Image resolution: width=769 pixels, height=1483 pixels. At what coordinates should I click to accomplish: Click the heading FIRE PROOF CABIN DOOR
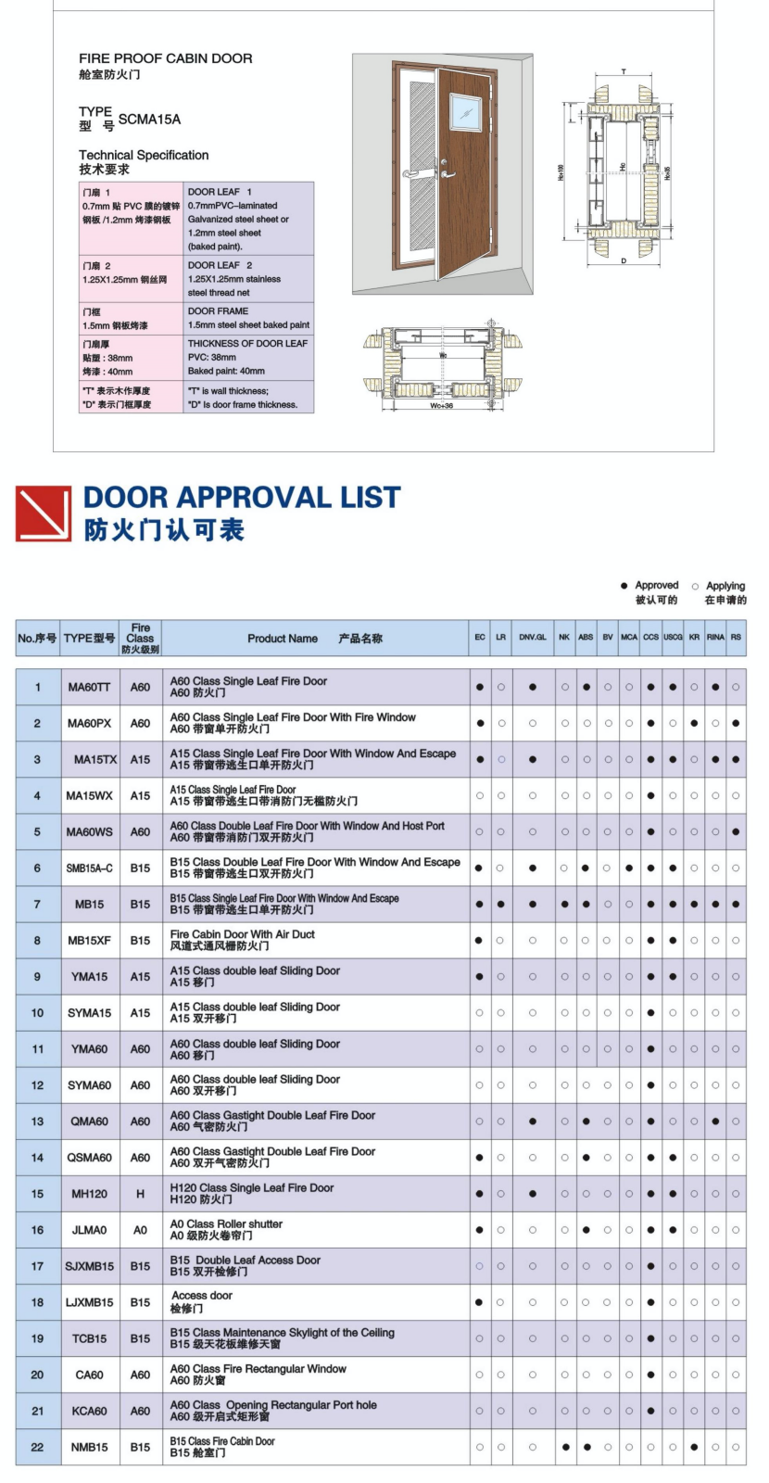pyautogui.click(x=165, y=58)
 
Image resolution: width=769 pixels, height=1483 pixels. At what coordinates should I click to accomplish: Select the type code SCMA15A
pyautogui.click(x=149, y=120)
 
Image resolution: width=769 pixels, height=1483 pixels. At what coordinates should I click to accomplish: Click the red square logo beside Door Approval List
pyautogui.click(x=44, y=513)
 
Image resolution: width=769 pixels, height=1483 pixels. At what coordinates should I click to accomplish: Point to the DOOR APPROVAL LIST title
pyautogui.click(x=242, y=498)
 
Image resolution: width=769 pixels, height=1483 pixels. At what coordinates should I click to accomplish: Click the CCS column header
pyautogui.click(x=650, y=638)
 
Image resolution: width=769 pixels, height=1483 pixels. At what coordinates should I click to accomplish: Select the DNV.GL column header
pyautogui.click(x=533, y=638)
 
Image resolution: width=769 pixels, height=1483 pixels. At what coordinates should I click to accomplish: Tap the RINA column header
pyautogui.click(x=715, y=638)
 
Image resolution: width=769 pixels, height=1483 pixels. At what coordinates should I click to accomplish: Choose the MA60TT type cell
pyautogui.click(x=89, y=688)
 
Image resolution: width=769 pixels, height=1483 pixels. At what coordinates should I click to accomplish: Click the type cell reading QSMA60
pyautogui.click(x=89, y=1158)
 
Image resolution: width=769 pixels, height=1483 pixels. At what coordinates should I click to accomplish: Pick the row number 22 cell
pyautogui.click(x=37, y=1447)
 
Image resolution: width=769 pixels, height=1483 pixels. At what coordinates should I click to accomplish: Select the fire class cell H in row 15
pyautogui.click(x=140, y=1194)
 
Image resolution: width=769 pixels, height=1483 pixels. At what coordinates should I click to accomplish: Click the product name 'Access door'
pyautogui.click(x=201, y=1296)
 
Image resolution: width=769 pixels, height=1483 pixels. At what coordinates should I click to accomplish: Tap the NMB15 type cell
pyautogui.click(x=89, y=1447)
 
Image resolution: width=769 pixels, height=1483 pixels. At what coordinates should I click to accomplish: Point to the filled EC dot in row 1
pyautogui.click(x=479, y=688)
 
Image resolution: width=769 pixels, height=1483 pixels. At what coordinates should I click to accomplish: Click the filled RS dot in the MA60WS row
pyautogui.click(x=736, y=832)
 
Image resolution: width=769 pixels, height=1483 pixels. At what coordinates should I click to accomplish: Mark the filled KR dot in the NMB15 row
pyautogui.click(x=694, y=1447)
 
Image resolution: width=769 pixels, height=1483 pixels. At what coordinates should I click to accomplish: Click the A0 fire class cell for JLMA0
pyautogui.click(x=140, y=1230)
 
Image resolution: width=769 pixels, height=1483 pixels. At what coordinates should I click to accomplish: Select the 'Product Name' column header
pyautogui.click(x=283, y=639)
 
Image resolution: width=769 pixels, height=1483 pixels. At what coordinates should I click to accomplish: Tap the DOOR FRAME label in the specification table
pyautogui.click(x=218, y=311)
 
